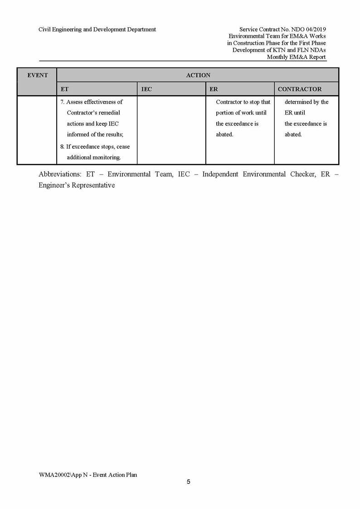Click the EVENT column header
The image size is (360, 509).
[37, 75]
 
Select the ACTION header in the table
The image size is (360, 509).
[198, 75]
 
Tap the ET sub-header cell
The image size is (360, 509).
[64, 89]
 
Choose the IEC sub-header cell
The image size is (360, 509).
[146, 89]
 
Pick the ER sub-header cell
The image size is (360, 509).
[214, 89]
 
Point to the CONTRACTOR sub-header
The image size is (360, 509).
[299, 89]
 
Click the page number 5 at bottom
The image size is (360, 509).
[189, 482]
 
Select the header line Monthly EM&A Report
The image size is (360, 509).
[296, 57]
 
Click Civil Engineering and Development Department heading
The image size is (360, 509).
[97, 29]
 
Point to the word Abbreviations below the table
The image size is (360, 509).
[59, 175]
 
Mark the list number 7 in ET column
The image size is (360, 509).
[62, 102]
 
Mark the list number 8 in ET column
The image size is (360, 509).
[62, 147]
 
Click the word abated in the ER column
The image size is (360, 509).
[224, 135]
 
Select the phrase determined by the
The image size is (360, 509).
[306, 102]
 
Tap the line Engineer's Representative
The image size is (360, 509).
[77, 185]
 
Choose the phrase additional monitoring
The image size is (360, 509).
[94, 157]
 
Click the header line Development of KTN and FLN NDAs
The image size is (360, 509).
[279, 50]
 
